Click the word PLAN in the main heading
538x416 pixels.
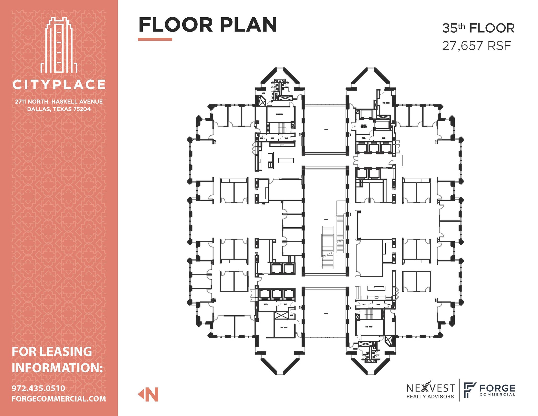tap(248, 25)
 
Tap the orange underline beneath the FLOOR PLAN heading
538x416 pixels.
tap(155, 39)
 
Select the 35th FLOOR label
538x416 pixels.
tap(478, 28)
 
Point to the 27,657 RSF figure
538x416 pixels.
tap(477, 46)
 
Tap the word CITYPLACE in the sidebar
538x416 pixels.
tap(59, 85)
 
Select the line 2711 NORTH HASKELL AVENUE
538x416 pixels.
tap(59, 102)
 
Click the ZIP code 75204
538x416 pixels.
tap(82, 109)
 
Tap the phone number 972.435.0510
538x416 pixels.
tap(38, 388)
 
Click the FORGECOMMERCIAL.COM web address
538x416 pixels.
tap(59, 399)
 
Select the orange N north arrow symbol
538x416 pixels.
tap(149, 394)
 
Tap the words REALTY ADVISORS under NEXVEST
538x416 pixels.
tap(430, 397)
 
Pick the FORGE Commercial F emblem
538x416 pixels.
tap(470, 390)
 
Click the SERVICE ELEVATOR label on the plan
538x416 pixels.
tap(364, 126)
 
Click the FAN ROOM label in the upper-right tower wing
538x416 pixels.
tap(386, 103)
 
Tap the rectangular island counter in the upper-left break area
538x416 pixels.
tap(286, 160)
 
